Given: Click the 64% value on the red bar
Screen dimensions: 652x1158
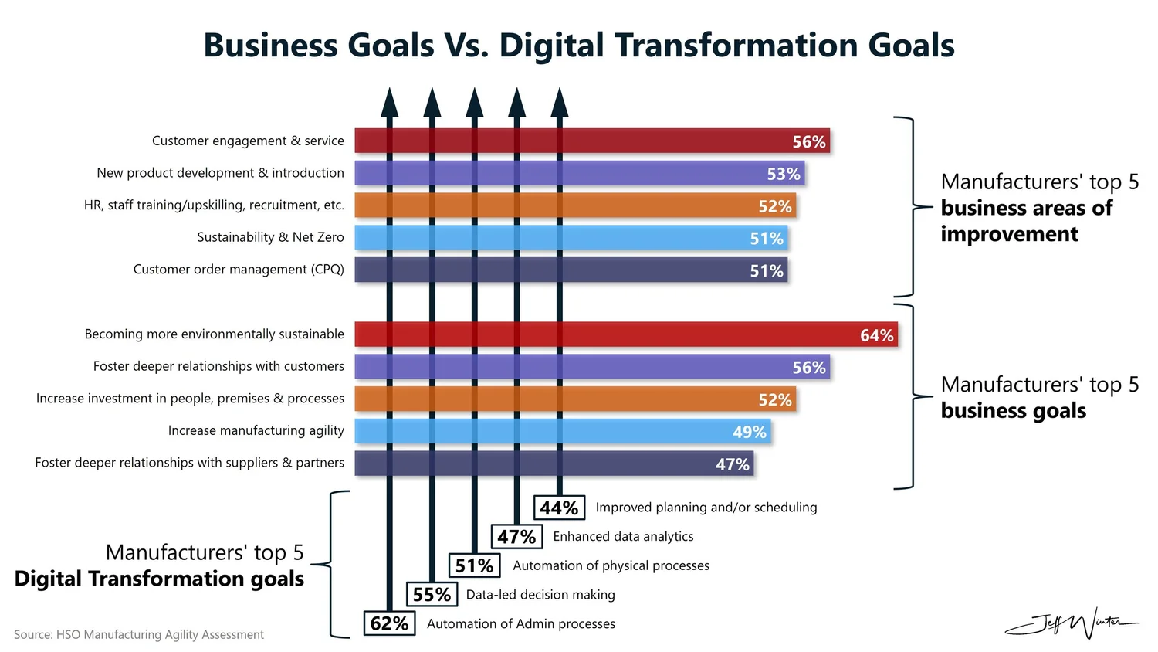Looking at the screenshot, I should (x=876, y=335).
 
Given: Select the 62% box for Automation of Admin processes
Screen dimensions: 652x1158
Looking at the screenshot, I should (x=389, y=623).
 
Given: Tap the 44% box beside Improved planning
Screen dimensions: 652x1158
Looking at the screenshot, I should (x=559, y=508).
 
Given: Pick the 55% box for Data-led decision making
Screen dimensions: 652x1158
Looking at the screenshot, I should (x=432, y=595).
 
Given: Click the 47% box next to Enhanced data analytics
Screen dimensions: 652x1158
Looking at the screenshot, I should (x=516, y=537).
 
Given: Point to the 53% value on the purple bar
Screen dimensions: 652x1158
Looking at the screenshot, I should (x=783, y=174).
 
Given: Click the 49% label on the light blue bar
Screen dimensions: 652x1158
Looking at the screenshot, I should (x=749, y=432).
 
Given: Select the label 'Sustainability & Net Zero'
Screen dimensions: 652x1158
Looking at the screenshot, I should (x=270, y=237).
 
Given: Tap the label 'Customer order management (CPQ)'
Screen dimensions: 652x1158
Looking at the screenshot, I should (x=239, y=269).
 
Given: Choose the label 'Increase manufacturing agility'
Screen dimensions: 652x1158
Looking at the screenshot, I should (x=256, y=430).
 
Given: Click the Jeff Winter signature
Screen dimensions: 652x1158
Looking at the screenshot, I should (x=1072, y=622).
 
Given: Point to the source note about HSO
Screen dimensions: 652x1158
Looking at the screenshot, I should (x=139, y=634).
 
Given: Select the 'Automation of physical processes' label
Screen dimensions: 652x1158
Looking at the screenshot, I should (x=611, y=565).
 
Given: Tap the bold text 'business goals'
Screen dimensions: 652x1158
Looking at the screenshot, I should (x=1013, y=410).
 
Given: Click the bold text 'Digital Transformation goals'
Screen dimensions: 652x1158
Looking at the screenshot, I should (x=159, y=579).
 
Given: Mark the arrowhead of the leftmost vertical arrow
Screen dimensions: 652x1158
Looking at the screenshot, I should (x=390, y=102).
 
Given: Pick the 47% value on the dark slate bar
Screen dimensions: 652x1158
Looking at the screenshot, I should (x=732, y=464).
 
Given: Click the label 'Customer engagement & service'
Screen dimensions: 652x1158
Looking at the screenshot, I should (x=248, y=141).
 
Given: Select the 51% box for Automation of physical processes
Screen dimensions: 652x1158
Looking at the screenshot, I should (x=474, y=565).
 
